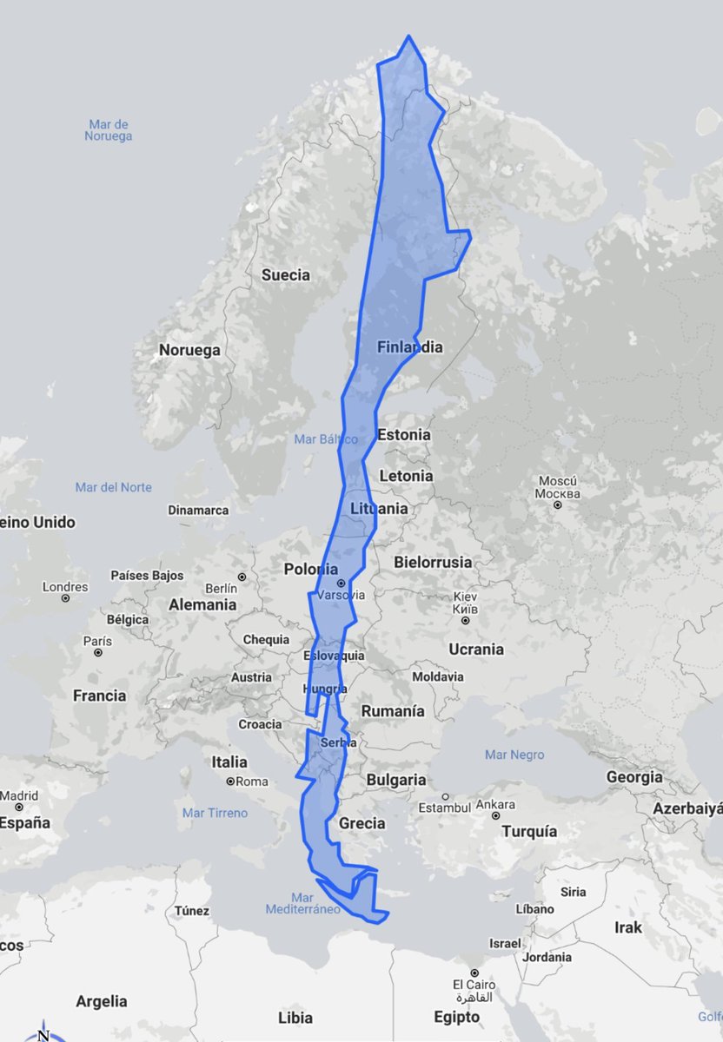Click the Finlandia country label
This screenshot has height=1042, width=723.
coord(409,347)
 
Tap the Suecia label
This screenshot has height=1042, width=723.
coord(285,275)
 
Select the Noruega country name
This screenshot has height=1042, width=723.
coord(189,351)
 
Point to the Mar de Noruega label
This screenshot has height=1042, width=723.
coord(108,130)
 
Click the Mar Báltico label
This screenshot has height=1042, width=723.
coord(326,439)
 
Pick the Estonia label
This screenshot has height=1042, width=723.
coord(404,434)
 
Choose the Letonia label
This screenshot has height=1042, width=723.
coord(405,476)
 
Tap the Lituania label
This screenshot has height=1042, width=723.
coord(378,509)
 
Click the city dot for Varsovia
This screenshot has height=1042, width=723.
coord(341,584)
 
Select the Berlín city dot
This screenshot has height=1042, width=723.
coord(242,577)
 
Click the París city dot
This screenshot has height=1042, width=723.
coord(98,652)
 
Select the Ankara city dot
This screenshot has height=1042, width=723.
coord(495,816)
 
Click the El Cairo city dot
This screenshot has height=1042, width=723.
coord(473,973)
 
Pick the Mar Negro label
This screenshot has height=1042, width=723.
coord(514,755)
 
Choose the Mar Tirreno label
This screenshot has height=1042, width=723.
coord(215,813)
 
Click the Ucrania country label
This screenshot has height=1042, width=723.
coord(475,650)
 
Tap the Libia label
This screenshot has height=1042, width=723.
coord(295,1017)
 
